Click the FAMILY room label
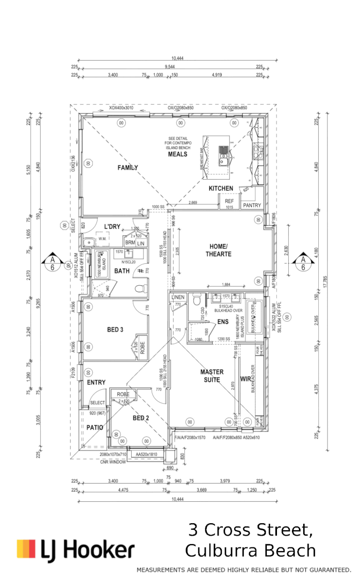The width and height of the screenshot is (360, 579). [x=127, y=168]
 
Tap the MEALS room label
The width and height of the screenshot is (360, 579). [x=178, y=154]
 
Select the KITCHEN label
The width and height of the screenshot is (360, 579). [x=221, y=188]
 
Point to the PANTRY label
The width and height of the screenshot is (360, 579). [x=252, y=205]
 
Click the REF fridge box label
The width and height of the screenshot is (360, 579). [x=229, y=202]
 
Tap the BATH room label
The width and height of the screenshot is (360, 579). [x=122, y=271]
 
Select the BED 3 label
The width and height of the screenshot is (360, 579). [x=115, y=330]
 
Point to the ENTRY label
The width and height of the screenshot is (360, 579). [x=96, y=382]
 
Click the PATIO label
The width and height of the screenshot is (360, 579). [x=95, y=427]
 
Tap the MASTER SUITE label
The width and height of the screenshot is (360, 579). [x=212, y=375]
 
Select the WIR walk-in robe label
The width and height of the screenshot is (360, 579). [x=245, y=379]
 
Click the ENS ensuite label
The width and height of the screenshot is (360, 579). [x=223, y=322]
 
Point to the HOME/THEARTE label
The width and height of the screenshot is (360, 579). [x=218, y=250]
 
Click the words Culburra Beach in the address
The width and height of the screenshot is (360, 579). [x=250, y=551]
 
